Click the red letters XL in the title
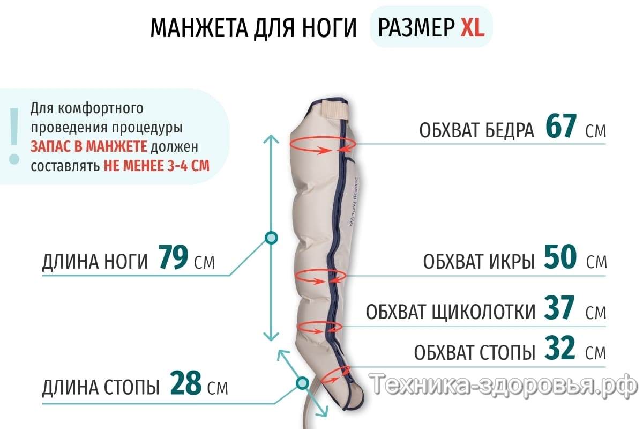(x=472, y=28)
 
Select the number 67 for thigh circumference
(x=561, y=127)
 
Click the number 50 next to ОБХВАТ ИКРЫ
(x=560, y=258)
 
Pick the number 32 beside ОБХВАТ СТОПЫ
(x=560, y=349)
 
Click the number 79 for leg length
(x=173, y=259)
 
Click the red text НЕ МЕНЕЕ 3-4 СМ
(x=156, y=165)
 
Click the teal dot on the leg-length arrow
(x=272, y=238)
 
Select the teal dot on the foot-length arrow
(x=302, y=382)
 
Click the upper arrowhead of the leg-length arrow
(x=272, y=138)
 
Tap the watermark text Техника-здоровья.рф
(x=504, y=384)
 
